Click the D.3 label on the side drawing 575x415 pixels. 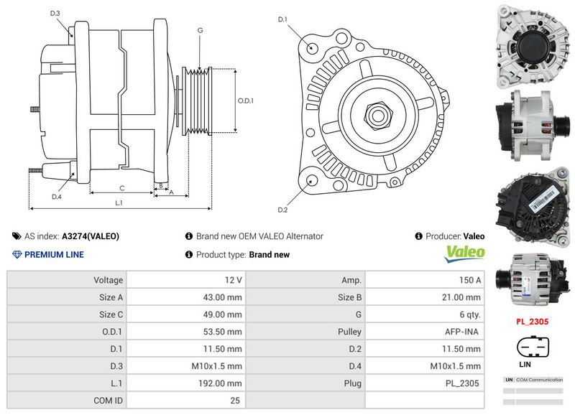[x=55, y=14]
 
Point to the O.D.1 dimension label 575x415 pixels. [x=246, y=101]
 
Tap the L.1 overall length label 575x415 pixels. [x=119, y=203]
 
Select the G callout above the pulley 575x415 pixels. [x=200, y=30]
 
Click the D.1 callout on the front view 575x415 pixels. [x=282, y=19]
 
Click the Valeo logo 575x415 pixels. [x=464, y=252]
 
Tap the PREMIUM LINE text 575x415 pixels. [x=54, y=254]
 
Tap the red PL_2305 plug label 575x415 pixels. [x=532, y=322]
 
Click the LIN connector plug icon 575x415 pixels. [x=532, y=348]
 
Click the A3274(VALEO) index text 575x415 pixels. [x=91, y=236]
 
